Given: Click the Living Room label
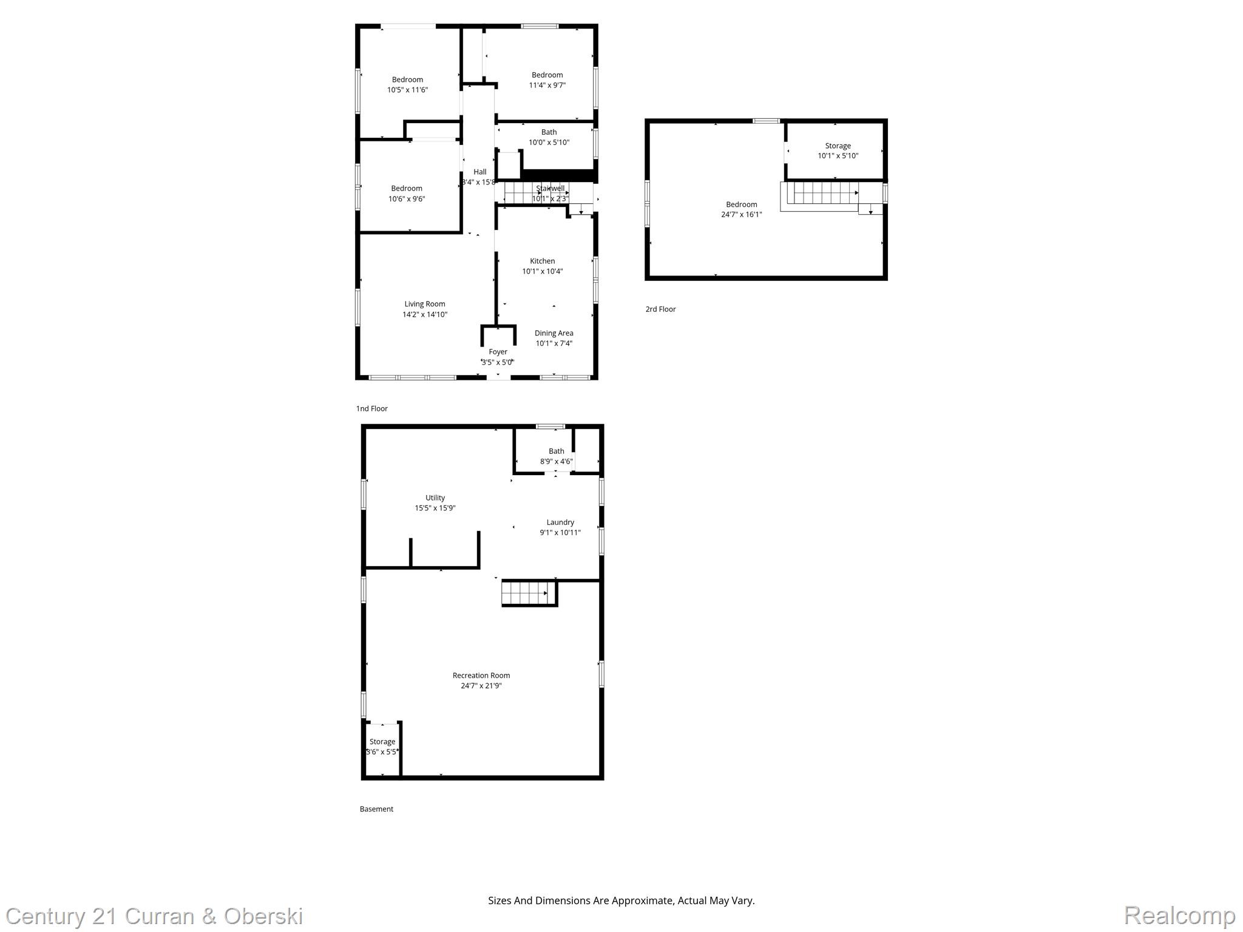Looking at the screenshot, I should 425,304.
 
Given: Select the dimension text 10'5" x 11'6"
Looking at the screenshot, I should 407,90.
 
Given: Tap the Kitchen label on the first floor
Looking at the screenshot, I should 542,261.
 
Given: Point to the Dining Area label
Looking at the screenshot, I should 554,333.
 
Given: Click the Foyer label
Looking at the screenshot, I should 498,352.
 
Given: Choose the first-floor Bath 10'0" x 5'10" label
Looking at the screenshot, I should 549,137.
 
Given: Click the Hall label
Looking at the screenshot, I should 480,172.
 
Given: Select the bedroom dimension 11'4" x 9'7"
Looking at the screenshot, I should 547,86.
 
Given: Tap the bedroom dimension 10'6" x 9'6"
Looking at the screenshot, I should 407,199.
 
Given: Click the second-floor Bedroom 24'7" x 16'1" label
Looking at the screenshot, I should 741,209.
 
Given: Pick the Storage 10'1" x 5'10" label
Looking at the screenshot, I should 838,150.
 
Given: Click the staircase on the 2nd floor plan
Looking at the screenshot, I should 825,194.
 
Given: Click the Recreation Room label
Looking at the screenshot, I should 481,675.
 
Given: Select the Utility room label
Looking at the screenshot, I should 435,498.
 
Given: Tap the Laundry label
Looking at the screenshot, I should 560,522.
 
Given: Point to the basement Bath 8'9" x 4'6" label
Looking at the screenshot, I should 556,456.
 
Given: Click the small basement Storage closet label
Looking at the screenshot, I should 382,741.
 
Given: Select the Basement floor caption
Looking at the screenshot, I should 376,809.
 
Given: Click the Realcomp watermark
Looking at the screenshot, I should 1179,915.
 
